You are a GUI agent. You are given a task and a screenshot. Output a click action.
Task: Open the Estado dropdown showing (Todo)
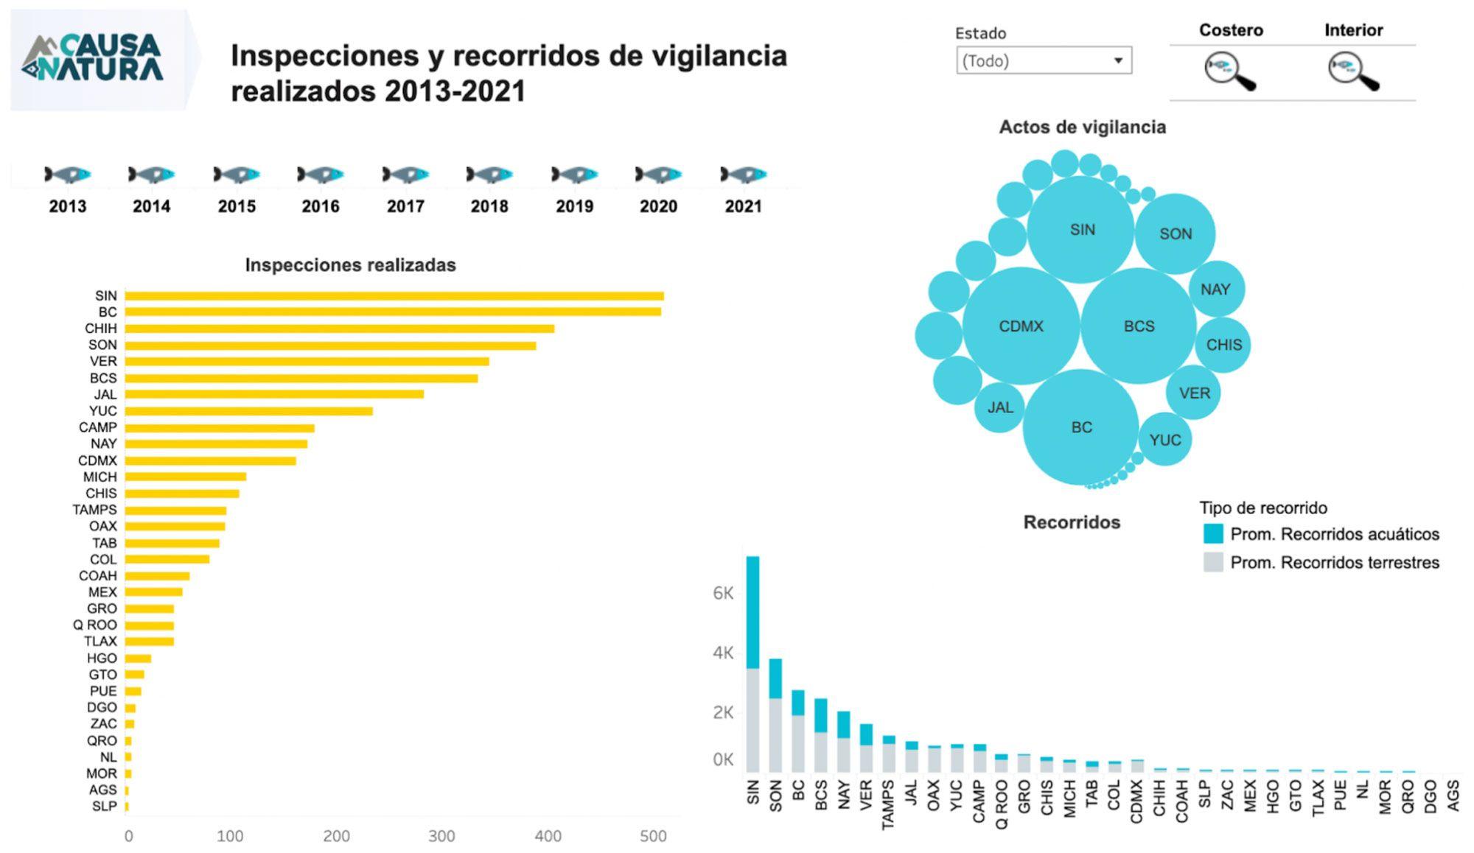tap(1043, 60)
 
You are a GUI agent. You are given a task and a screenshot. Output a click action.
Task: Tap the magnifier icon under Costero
tap(1229, 71)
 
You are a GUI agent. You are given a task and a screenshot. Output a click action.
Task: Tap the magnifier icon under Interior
tap(1353, 71)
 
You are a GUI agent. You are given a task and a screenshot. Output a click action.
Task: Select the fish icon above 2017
tap(405, 175)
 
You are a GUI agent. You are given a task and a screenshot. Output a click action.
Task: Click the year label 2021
tap(743, 206)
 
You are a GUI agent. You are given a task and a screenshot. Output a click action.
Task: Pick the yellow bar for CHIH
tap(339, 329)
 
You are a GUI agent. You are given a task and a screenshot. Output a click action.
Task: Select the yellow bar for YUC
tap(248, 411)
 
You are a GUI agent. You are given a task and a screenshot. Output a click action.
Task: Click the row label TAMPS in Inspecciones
tap(94, 510)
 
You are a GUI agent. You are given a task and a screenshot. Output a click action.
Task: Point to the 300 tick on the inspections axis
tap(441, 836)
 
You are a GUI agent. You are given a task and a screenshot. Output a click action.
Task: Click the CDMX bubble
tap(1021, 326)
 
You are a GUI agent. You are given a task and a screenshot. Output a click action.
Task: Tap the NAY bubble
tap(1216, 289)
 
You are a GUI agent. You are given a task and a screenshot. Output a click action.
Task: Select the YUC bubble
tap(1164, 440)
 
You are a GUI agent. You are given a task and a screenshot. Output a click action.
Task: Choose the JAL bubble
tap(999, 407)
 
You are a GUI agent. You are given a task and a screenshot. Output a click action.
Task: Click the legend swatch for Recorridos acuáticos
tap(1212, 534)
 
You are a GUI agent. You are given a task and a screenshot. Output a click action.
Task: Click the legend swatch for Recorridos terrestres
tap(1212, 563)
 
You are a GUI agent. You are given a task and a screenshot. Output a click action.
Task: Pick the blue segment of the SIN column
tap(752, 611)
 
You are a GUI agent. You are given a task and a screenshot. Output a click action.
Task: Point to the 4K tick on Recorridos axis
tap(723, 653)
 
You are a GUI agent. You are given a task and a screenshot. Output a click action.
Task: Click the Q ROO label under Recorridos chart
tap(1001, 805)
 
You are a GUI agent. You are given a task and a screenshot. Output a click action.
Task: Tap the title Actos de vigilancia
tap(1082, 127)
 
